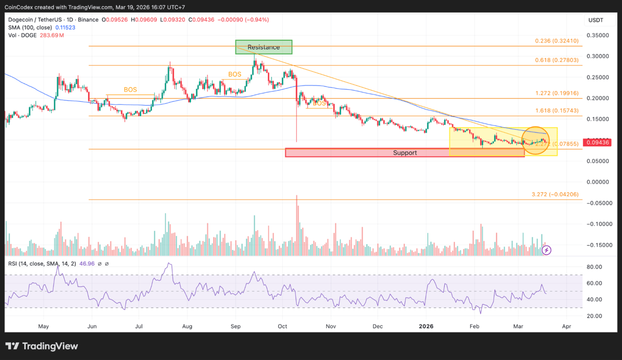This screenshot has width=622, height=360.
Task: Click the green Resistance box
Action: coord(264,47)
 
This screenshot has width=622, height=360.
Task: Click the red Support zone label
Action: coord(404,153)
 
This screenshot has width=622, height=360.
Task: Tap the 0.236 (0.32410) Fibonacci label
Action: coord(556,41)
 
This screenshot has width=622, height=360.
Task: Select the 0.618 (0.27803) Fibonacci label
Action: coord(556,60)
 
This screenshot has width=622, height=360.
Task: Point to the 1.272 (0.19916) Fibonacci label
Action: coord(556,93)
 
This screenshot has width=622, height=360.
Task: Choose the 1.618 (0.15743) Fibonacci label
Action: coord(556,111)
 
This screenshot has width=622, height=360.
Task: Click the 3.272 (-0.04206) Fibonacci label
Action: coord(555,194)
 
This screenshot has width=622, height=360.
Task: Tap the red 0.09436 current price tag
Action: coord(597,142)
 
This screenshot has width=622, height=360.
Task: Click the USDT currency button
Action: coord(596,20)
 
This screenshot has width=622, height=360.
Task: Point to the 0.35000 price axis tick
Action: coord(598,35)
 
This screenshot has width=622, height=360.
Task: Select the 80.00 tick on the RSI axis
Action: coord(594,267)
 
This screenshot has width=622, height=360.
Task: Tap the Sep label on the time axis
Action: coord(236,326)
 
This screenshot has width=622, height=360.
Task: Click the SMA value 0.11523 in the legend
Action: coord(65,28)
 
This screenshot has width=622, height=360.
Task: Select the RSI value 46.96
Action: coord(87,264)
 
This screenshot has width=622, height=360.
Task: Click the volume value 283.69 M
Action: coord(52,36)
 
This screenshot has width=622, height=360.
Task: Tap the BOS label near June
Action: coord(130,90)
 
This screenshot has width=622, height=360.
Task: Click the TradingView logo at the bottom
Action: coord(42,346)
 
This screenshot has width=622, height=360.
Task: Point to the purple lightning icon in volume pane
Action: coord(546,250)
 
